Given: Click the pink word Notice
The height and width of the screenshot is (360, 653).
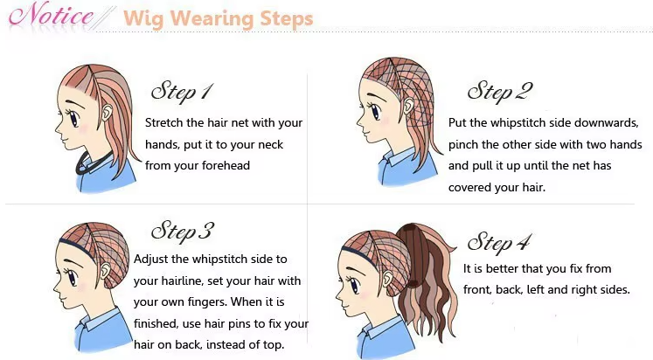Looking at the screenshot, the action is (51, 16).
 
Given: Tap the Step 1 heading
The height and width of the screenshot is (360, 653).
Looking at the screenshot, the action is (182, 93).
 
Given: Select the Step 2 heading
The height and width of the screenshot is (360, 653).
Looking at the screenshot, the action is (500, 92).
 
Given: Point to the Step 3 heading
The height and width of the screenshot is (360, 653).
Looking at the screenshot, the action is (183, 232).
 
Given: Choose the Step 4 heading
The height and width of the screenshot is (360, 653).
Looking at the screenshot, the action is (500, 242).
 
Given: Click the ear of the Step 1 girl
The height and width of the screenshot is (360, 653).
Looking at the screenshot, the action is (107, 112).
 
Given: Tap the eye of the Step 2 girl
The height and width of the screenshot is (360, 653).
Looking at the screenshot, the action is (375, 111).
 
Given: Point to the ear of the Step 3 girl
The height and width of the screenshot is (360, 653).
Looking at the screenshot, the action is (105, 272).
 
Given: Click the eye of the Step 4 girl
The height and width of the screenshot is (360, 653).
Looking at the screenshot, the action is (354, 286).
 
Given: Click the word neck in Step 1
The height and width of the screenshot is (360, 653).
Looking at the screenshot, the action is (271, 144).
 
